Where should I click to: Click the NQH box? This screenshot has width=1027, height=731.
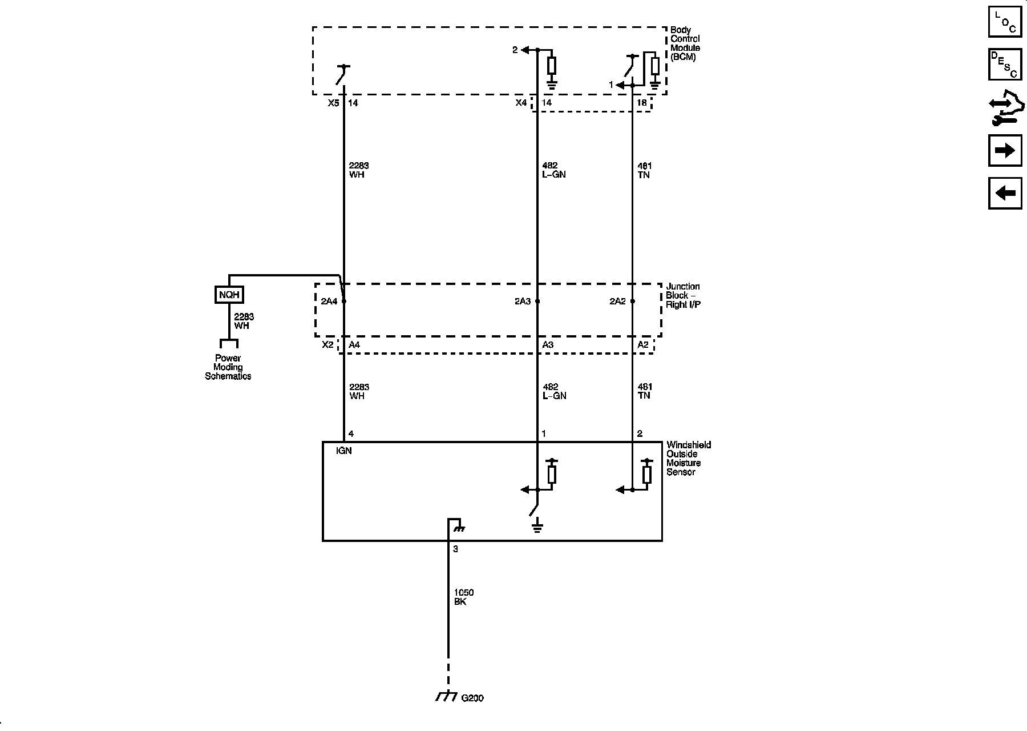coord(229,295)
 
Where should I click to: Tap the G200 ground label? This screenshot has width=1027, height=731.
coord(472,698)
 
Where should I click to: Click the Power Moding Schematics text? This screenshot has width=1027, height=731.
coord(228,367)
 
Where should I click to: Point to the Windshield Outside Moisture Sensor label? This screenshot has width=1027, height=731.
coord(688,458)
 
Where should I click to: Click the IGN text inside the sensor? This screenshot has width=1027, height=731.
coord(344,451)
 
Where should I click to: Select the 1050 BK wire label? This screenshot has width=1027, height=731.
coord(463,597)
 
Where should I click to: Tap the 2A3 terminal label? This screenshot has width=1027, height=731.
coord(523,301)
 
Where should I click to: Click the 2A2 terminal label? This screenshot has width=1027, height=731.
coord(617,301)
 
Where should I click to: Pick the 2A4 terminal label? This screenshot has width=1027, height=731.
coord(329,301)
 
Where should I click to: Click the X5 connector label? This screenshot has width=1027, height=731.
coord(333,103)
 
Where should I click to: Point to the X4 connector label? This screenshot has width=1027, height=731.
coord(521,103)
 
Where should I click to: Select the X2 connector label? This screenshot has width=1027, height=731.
coord(327,345)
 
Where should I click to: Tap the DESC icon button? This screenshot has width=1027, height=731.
coord(1005,64)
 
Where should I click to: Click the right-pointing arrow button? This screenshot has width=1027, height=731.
coord(1005,151)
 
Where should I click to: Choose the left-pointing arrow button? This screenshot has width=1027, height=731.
coord(1005,193)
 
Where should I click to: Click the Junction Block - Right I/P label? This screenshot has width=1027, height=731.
coord(683,295)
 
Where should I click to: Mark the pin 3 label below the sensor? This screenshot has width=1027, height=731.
coord(455,549)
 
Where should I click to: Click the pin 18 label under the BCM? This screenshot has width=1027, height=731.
coord(642,103)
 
